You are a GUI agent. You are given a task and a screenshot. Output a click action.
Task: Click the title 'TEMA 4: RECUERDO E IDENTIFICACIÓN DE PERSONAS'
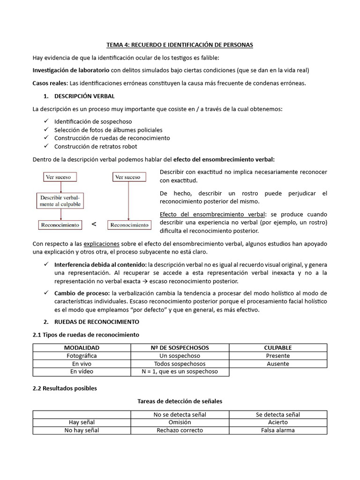click(x=180, y=45)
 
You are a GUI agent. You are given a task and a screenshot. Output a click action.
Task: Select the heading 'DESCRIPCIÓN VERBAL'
click(x=84, y=96)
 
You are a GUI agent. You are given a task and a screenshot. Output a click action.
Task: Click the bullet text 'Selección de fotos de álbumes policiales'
click(x=108, y=130)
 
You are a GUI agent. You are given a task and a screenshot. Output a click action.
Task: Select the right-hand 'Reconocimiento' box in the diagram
click(x=129, y=225)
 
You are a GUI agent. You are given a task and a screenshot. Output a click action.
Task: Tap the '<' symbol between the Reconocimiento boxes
click(x=94, y=225)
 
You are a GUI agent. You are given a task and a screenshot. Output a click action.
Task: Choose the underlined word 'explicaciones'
click(x=101, y=244)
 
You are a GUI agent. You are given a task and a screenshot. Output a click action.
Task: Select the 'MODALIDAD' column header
click(x=82, y=348)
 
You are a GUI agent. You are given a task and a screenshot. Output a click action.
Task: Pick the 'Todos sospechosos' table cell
click(x=180, y=364)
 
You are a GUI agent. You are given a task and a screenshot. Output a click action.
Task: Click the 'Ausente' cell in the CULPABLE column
click(x=278, y=364)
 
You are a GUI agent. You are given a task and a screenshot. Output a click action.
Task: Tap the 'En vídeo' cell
click(x=82, y=372)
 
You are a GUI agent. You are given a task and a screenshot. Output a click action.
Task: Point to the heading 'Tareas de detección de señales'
click(x=180, y=401)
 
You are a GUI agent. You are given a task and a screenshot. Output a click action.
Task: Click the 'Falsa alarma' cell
click(x=278, y=430)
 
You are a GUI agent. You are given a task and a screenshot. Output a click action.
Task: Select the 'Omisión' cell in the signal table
click(x=180, y=422)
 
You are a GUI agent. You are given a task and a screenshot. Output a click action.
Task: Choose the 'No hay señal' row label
click(x=82, y=430)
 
